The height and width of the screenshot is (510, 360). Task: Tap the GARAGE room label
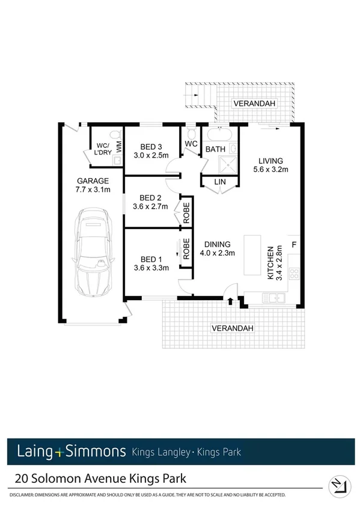pos(92,180)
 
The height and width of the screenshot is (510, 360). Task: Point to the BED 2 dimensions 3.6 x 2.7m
pos(151,207)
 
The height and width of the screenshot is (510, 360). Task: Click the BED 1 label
pos(150,259)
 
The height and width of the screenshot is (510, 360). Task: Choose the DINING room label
pos(217,244)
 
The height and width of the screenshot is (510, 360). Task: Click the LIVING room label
pos(270,161)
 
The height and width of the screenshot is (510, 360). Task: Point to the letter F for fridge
pos(294,244)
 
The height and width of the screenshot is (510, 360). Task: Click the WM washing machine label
pos(119,145)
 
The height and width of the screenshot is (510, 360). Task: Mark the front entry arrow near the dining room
pos(231,301)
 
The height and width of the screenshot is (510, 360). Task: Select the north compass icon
pos(338,482)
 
